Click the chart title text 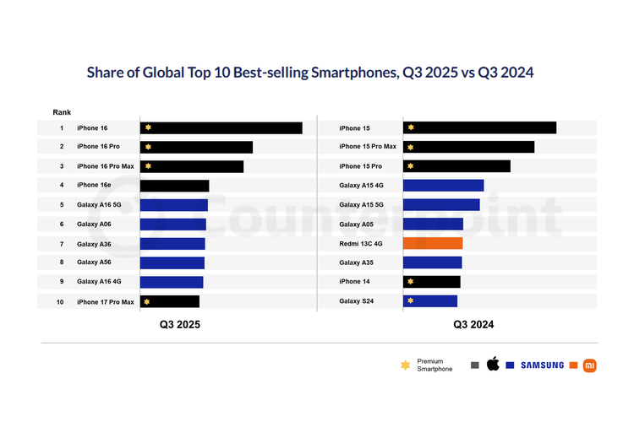pos(310,73)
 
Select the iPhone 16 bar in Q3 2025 pos(221,128)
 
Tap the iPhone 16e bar pos(174,186)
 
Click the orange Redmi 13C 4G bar pos(433,243)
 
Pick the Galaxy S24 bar pos(430,300)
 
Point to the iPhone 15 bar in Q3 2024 pos(479,128)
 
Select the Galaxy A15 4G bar pos(443,186)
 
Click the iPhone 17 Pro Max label pos(106,301)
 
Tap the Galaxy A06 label pos(94,224)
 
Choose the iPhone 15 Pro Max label pos(367,148)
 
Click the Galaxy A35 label pos(357,262)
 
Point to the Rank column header pos(62,112)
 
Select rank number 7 pos(62,244)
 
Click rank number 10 pos(62,301)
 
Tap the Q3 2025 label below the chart pos(181,324)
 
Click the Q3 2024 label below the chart pos(473,324)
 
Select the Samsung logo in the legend pos(541,365)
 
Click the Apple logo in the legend pos(493,365)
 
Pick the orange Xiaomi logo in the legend pos(590,365)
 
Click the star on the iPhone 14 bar pos(411,282)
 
